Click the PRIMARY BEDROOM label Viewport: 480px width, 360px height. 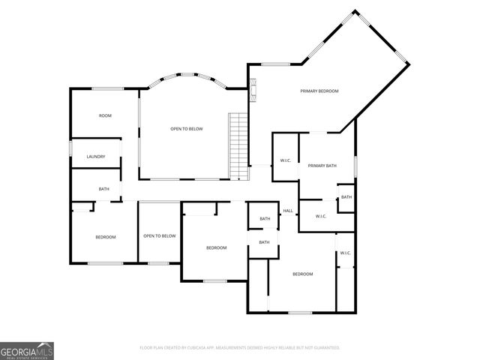pos(319,91)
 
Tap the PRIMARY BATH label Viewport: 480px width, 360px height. pos(322,165)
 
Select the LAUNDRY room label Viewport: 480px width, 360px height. pos(96,157)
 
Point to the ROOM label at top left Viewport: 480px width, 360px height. pos(105,115)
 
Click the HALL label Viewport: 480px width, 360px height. pos(287,211)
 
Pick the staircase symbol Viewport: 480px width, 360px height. pos(238,145)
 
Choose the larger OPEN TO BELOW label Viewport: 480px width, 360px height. pos(187,129)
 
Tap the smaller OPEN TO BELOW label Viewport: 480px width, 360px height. pos(159,236)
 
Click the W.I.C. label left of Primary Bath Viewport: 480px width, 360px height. pos(286,160)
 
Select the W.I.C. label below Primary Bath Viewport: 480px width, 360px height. pos(321,217)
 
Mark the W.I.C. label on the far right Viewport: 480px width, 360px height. pos(346,253)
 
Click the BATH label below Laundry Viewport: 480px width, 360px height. pos(104,189)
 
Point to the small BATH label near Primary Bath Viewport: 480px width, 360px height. pos(346,197)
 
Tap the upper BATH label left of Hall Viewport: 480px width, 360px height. pos(265,219)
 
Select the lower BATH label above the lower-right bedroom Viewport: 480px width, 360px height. pos(264,242)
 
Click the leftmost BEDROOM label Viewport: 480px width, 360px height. pos(105,237)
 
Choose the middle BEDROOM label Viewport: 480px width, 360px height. pos(217,247)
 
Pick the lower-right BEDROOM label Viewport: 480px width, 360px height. pos(302,274)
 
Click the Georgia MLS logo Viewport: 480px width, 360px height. pos(27,350)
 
